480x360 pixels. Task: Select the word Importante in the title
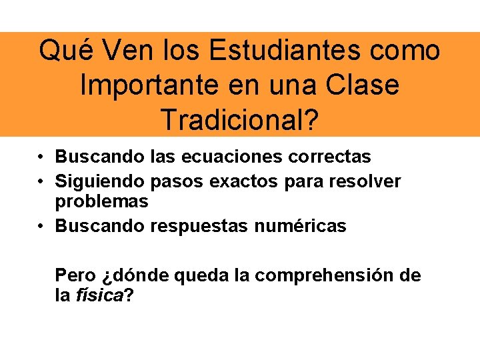pyautogui.click(x=146, y=85)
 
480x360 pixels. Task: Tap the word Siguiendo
pyautogui.click(x=101, y=181)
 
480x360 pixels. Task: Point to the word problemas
pyautogui.click(x=101, y=201)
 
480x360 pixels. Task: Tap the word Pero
pyautogui.click(x=75, y=275)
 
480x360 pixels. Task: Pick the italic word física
pyautogui.click(x=99, y=295)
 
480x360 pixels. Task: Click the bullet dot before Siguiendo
pyautogui.click(x=41, y=181)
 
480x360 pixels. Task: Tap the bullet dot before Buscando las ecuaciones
pyautogui.click(x=41, y=157)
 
